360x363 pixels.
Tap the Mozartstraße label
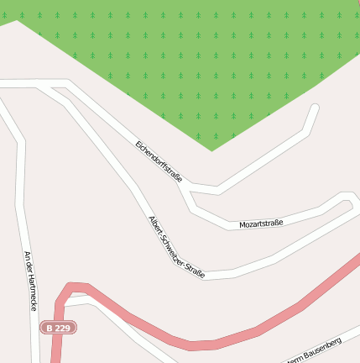click(261, 224)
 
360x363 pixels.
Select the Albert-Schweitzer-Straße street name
click(176, 247)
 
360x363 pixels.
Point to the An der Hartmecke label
click(31, 281)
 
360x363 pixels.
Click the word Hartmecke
click(32, 293)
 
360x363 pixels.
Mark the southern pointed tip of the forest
click(211, 150)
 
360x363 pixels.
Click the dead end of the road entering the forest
click(316, 108)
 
